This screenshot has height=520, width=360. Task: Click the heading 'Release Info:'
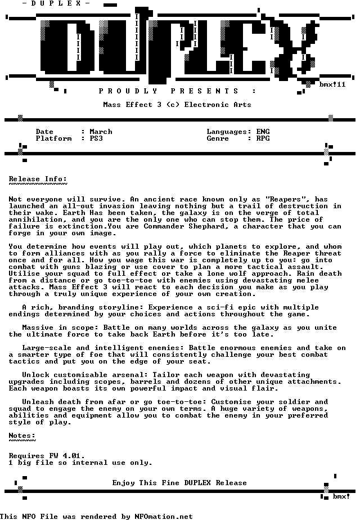click(x=38, y=179)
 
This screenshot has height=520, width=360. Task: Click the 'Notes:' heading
click(x=22, y=436)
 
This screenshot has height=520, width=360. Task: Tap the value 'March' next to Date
click(x=101, y=132)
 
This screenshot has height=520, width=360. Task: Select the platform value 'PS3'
click(x=96, y=138)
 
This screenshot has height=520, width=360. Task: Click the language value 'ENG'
click(x=263, y=132)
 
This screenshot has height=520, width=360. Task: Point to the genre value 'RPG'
click(x=263, y=138)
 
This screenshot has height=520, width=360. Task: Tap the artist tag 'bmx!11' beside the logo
click(x=332, y=84)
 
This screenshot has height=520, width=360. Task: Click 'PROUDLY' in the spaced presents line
click(x=128, y=91)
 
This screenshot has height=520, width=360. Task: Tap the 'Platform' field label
click(x=53, y=138)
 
